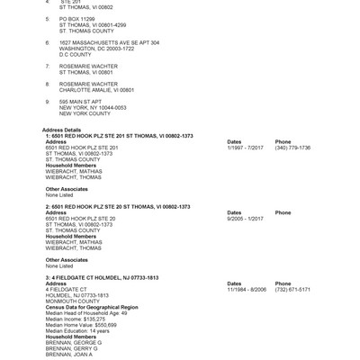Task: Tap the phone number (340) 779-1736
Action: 292,148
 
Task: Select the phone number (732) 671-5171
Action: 292,289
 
